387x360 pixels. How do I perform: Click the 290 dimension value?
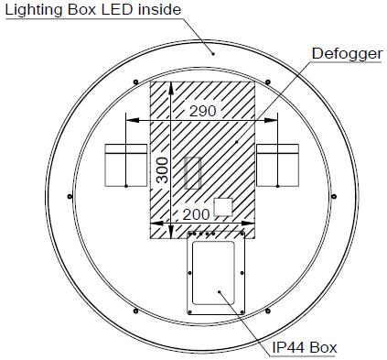203,111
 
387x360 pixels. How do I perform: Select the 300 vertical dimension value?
162,170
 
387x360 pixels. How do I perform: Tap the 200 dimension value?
196,214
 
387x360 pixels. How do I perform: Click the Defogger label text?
347,54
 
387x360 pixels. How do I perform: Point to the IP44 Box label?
305,347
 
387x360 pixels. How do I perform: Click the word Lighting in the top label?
34,10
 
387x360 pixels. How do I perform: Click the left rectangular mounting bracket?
126,165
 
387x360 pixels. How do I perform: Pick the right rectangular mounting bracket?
277,165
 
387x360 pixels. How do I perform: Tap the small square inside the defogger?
223,207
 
